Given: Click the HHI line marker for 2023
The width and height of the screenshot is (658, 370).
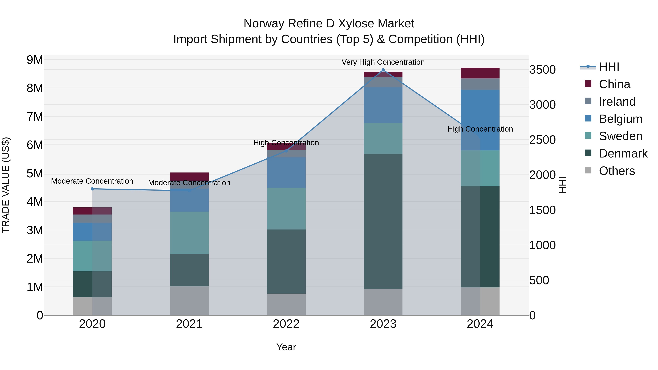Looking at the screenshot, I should pos(383,70).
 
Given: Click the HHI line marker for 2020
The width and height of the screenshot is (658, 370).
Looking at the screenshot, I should pos(92,189).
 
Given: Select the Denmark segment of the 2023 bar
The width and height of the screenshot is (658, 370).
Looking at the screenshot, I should pos(383,221).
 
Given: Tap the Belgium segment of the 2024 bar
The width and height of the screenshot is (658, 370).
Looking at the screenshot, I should pos(480,120).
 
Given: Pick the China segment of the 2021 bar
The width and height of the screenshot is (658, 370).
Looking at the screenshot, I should pos(189,177).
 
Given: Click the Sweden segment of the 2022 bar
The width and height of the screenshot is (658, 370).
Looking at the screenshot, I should pos(286,209).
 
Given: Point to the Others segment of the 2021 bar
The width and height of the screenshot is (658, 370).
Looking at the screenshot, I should pos(189,301).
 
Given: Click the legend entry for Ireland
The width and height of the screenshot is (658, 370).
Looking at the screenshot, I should pos(617,102).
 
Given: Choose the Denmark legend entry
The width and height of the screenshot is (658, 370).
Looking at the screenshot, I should pos(623,153).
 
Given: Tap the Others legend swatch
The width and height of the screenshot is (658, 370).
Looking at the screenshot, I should pos(588,170).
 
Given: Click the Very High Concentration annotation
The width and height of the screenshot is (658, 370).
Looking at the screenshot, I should pos(383,62).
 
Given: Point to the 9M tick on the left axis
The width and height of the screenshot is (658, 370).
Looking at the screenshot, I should pos(35,60).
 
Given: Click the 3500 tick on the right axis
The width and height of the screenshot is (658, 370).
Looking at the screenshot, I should pos(542,70).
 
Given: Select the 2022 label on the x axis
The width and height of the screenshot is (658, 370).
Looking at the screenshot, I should pos(286,324).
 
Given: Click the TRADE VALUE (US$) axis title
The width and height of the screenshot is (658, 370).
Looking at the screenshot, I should pos(6,185).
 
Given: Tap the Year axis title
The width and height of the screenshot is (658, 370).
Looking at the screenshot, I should pos(286,347).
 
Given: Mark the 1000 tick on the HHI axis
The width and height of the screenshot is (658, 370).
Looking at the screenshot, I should pos(542,245).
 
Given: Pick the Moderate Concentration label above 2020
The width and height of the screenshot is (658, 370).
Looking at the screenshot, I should pos(92,181).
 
